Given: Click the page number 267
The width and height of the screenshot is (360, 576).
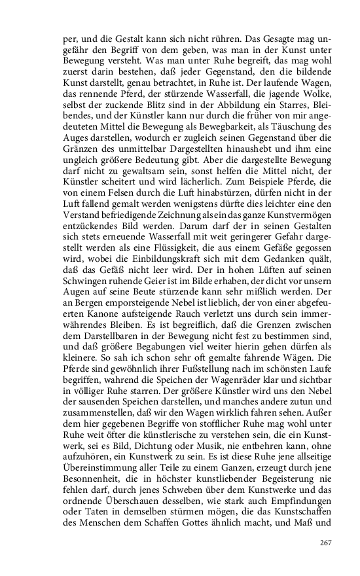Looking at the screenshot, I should click(x=326, y=543).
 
